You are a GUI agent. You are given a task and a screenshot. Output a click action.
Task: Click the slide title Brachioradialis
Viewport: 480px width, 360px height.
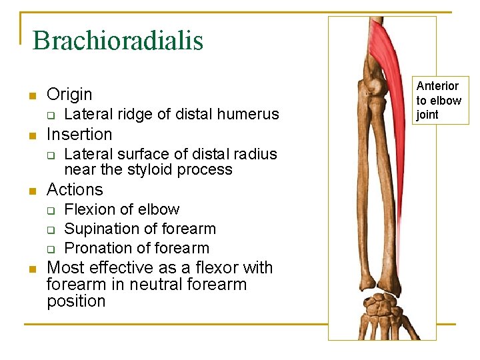(x=117, y=40)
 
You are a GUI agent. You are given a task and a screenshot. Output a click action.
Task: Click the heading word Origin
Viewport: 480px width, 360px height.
(x=69, y=94)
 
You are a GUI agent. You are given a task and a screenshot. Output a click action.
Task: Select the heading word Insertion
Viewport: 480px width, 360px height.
(x=79, y=134)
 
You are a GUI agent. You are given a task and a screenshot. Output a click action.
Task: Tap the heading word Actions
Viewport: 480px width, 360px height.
(x=75, y=189)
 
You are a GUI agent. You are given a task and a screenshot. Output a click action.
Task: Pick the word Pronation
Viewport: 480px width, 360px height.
(x=98, y=248)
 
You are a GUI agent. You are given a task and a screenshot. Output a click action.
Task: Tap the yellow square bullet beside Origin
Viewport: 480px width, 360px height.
(x=31, y=95)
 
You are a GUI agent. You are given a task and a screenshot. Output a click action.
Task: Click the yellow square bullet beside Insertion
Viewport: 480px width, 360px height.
(x=31, y=135)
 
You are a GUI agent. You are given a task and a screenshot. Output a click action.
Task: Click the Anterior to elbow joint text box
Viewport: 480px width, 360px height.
(x=439, y=100)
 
